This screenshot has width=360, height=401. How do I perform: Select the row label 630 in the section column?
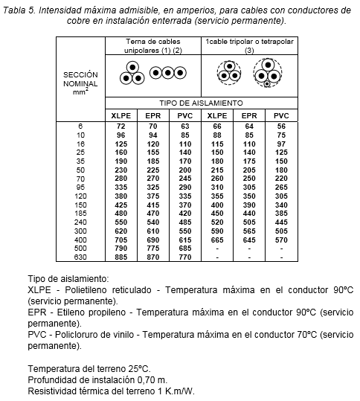tap(80, 257)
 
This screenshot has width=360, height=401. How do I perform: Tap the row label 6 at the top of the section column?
tap(80, 126)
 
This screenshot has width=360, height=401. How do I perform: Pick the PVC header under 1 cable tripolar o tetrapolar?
tap(280, 115)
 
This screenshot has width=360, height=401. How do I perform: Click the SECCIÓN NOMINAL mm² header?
tap(80, 83)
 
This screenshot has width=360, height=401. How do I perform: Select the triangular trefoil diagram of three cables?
tap(132, 73)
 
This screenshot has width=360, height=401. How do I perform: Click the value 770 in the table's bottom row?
tap(184, 257)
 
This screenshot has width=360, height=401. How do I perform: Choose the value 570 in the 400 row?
tap(280, 240)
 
